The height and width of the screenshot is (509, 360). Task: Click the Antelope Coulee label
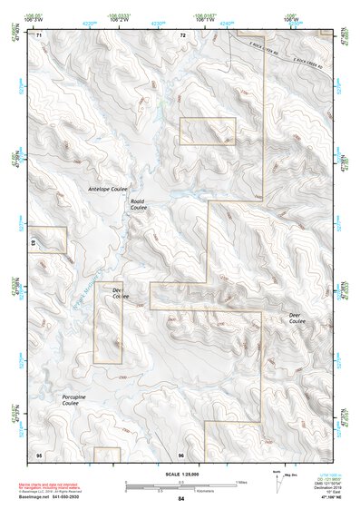pyautogui.click(x=106, y=189)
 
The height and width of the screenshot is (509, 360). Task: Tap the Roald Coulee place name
pyautogui.click(x=138, y=205)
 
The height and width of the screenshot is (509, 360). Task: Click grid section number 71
pyautogui.click(x=39, y=35)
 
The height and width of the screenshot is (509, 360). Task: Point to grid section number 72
pyautogui.click(x=182, y=35)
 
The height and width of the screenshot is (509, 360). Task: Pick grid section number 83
pyautogui.click(x=33, y=243)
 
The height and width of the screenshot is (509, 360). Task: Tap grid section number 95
pyautogui.click(x=39, y=454)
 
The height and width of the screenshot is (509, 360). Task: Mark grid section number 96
pyautogui.click(x=181, y=454)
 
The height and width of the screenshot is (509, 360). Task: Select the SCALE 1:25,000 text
pyautogui.click(x=181, y=475)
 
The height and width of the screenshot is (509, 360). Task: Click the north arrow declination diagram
pyautogui.click(x=279, y=480)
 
